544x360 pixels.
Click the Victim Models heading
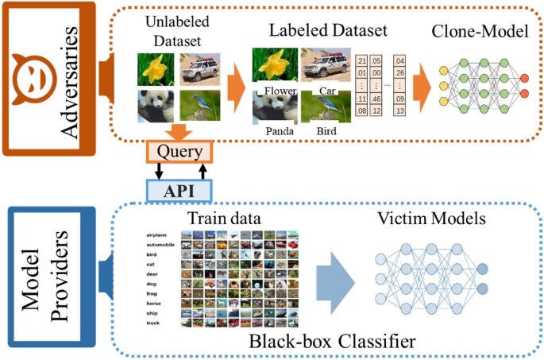point(432,218)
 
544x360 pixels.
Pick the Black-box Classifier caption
point(342,343)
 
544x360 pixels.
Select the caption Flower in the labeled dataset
point(280,91)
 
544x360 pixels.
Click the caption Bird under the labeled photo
point(326,130)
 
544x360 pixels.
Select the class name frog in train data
point(153,293)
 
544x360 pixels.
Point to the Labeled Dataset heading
point(328,32)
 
